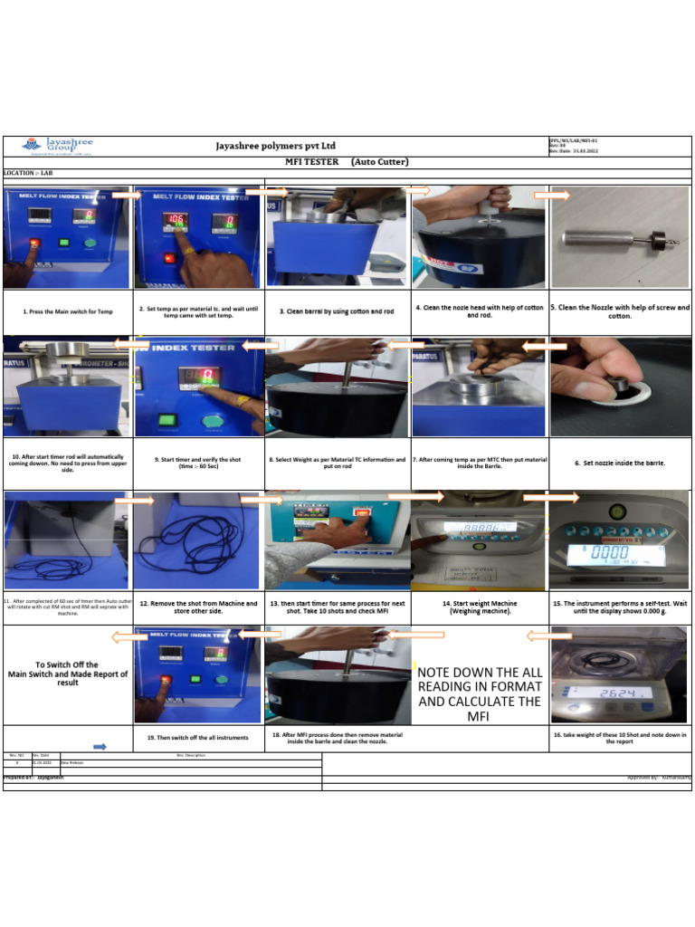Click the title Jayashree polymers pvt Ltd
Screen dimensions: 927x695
(276, 145)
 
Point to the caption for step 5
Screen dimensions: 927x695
(619, 311)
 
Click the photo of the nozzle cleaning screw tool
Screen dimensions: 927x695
(619, 238)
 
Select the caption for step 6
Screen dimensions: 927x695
(619, 463)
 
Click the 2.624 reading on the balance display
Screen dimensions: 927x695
(619, 693)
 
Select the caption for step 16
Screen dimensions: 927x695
(619, 738)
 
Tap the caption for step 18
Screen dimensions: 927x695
(337, 738)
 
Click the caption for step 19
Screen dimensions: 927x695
(198, 738)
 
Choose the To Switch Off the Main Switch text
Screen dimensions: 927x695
(68, 674)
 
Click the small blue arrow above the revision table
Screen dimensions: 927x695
(100, 747)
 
